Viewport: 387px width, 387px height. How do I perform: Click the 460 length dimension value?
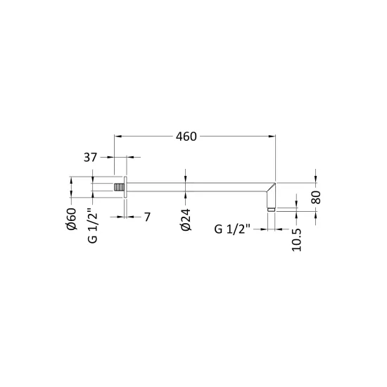pos(186,137)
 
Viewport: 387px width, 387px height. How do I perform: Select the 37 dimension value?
pos(90,158)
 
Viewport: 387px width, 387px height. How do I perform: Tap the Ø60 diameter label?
pos(72,219)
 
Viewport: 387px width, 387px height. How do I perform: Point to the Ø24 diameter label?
pos(186,220)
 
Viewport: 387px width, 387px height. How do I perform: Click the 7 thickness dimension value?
pos(147,217)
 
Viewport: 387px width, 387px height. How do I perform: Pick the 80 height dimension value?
pos(316,197)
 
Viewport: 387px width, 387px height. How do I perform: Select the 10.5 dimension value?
pos(296,240)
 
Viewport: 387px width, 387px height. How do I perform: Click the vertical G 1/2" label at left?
pos(93,226)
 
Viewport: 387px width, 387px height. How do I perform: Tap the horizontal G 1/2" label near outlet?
pos(232,229)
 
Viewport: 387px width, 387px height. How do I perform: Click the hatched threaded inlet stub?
pos(119,187)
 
